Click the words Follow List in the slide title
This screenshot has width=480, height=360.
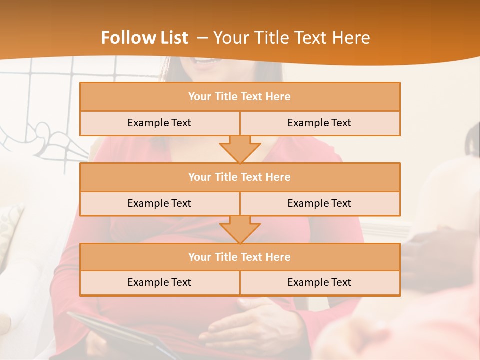pyautogui.click(x=144, y=38)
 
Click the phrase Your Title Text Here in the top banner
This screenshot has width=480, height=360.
pyautogui.click(x=291, y=38)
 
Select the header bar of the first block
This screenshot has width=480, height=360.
pyautogui.click(x=240, y=97)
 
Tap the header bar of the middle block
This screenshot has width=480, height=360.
pyautogui.click(x=240, y=177)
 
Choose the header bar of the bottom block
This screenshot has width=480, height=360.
pyautogui.click(x=240, y=257)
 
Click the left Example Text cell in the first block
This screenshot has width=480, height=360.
pyautogui.click(x=159, y=123)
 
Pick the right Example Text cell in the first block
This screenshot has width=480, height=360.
pyautogui.click(x=319, y=123)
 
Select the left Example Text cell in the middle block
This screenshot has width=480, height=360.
pyautogui.click(x=159, y=203)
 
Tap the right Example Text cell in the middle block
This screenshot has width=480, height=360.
pyautogui.click(x=319, y=203)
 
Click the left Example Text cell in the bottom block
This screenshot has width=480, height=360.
pyautogui.click(x=159, y=282)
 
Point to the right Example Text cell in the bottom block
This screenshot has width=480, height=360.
pyautogui.click(x=319, y=282)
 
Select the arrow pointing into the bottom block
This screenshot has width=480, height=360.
pyautogui.click(x=240, y=229)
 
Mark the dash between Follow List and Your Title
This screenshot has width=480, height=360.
pyautogui.click(x=202, y=38)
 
